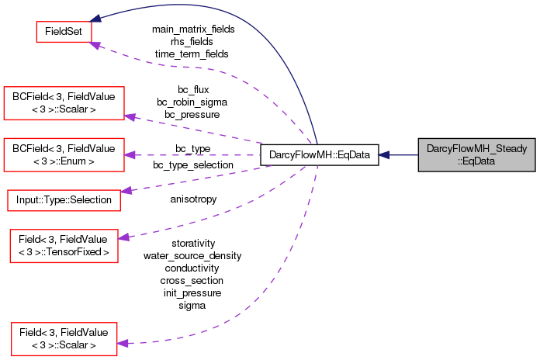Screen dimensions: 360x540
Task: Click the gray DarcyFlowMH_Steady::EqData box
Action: click(477, 155)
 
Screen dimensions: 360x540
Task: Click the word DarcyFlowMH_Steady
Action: click(477, 148)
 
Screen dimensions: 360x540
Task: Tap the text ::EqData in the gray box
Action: click(476, 161)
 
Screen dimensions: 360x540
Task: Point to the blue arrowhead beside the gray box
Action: click(384, 155)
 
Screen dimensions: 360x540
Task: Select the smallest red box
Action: click(64, 31)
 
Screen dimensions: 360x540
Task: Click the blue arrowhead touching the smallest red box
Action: click(95, 19)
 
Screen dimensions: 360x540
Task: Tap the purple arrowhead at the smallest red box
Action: click(95, 46)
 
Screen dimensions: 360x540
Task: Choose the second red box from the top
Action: click(64, 103)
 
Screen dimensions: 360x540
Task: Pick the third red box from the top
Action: click(64, 154)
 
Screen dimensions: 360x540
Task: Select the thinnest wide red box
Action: click(64, 200)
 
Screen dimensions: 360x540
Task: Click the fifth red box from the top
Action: click(64, 246)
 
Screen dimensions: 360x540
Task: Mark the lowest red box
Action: click(64, 340)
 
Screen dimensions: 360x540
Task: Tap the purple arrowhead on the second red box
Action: click(130, 117)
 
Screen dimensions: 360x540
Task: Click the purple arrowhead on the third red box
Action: click(130, 155)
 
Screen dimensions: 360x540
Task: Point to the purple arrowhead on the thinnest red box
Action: click(126, 190)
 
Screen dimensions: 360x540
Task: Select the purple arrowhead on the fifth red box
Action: click(123, 237)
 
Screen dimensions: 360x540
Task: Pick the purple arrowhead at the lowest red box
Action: click(123, 343)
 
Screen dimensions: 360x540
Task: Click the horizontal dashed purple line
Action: click(194, 155)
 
